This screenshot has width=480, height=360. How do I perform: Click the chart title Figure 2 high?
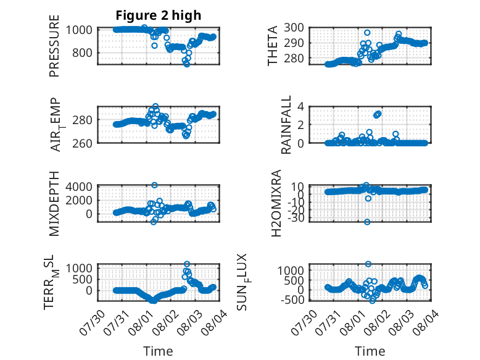point(159,15)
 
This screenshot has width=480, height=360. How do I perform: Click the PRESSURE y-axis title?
point(54,46)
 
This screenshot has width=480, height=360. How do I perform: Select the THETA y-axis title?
point(272,46)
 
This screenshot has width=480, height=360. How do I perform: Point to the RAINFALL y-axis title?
point(286,125)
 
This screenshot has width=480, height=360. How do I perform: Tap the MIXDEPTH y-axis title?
point(54,204)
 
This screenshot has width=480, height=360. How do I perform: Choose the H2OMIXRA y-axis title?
point(276,203)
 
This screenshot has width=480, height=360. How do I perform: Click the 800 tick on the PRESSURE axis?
point(82,52)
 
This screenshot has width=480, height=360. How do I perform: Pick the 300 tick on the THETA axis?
point(294,28)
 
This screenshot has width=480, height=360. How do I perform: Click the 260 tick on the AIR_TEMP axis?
point(82,143)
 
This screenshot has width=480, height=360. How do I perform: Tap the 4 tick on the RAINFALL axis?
point(300,107)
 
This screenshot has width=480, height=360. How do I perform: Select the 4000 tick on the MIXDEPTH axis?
point(79,186)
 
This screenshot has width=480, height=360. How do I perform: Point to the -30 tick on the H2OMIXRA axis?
point(296,218)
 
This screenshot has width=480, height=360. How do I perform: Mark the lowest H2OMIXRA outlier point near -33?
point(367,222)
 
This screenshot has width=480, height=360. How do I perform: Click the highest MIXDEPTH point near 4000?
point(155,185)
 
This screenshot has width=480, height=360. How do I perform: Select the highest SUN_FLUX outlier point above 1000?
point(368,264)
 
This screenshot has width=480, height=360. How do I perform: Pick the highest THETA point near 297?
point(367,33)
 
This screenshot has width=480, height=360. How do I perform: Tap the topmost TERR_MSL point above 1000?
point(187,264)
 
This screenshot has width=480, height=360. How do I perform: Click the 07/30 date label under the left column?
point(93,322)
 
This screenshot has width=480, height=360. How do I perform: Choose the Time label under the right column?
point(370,351)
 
